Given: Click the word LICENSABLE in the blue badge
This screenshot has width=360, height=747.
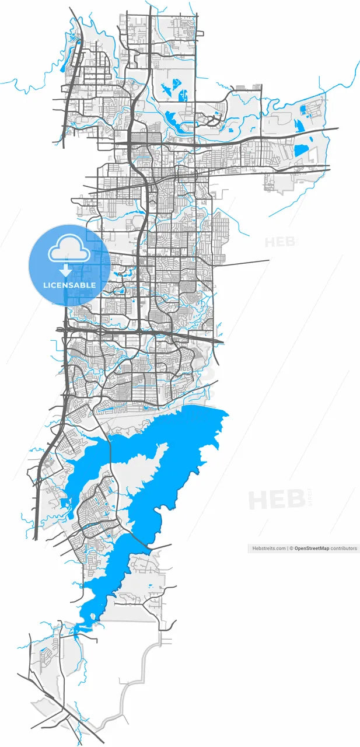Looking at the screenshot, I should [69, 285].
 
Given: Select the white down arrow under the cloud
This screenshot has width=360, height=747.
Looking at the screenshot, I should [65, 270].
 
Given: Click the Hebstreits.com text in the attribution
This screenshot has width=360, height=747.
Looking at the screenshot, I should [268, 549].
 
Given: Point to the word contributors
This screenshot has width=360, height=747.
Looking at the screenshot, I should [344, 549].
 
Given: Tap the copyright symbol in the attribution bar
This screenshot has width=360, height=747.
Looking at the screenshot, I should [292, 549].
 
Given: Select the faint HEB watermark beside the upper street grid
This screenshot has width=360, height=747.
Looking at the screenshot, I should [280, 241].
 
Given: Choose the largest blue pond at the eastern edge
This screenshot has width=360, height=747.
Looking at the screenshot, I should [301, 150].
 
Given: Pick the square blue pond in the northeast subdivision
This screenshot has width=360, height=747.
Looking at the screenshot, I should [302, 109].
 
